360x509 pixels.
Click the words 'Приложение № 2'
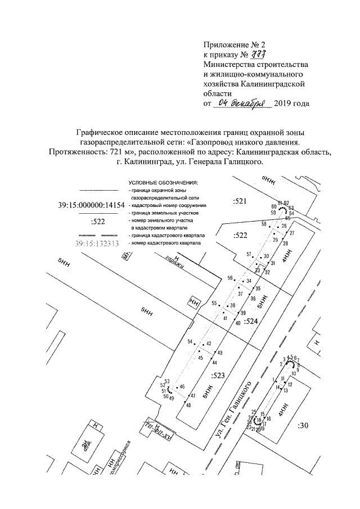233,44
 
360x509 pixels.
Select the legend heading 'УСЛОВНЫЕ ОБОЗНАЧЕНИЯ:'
164,183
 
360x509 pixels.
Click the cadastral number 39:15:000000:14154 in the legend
91,206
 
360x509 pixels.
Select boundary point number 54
190,342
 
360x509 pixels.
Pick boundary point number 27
292,232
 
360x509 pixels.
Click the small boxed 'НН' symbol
195,303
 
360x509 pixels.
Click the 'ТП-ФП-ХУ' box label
157,430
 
